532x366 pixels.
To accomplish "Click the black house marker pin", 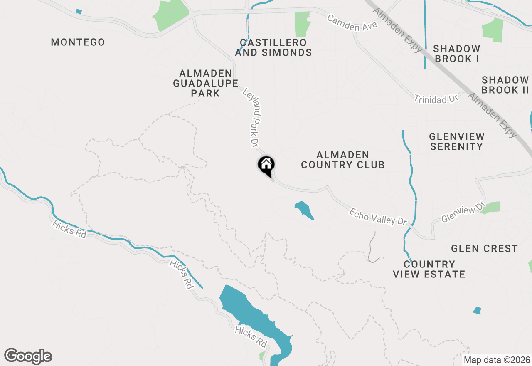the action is [266, 165].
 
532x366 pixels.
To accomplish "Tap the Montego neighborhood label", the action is [78, 42].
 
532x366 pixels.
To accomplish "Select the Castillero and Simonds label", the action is [273, 47].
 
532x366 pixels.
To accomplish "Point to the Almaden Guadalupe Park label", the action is [205, 83].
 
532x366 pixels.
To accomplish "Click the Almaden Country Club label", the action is [343, 160].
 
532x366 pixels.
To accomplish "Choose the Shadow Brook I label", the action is [456, 54].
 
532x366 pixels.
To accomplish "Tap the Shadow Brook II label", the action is [505, 85].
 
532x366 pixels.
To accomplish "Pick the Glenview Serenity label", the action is [456, 141].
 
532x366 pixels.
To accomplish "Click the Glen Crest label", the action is [484, 248].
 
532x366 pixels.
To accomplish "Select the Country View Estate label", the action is [429, 269].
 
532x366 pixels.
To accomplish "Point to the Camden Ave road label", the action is [352, 23].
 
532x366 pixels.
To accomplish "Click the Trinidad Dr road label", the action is [436, 99].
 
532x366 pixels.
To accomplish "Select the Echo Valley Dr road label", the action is [377, 217].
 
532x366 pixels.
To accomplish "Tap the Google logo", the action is [28, 356].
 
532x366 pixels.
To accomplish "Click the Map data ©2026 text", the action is [497, 360].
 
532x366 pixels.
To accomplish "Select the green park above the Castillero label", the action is [303, 24].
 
